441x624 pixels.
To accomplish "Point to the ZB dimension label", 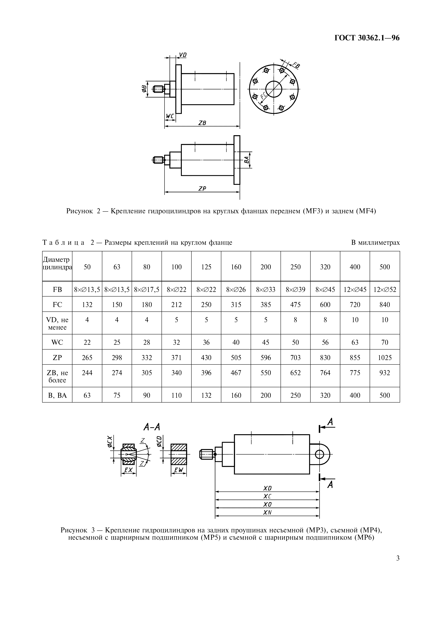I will [x=202, y=123].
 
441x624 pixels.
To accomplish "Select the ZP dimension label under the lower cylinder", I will [x=202, y=189].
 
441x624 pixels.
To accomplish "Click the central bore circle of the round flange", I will [x=274, y=89].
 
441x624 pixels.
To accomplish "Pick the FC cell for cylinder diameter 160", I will [x=236, y=305].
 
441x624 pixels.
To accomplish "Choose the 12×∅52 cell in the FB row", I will [x=385, y=289].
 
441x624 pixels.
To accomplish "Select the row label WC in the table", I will [x=57, y=342].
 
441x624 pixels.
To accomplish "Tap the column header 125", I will [x=206, y=267].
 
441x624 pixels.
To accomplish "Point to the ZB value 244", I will [x=87, y=373].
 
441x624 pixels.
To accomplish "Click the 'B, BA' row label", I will [x=57, y=395].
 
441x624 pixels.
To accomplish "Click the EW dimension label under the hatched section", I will [x=179, y=470].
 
